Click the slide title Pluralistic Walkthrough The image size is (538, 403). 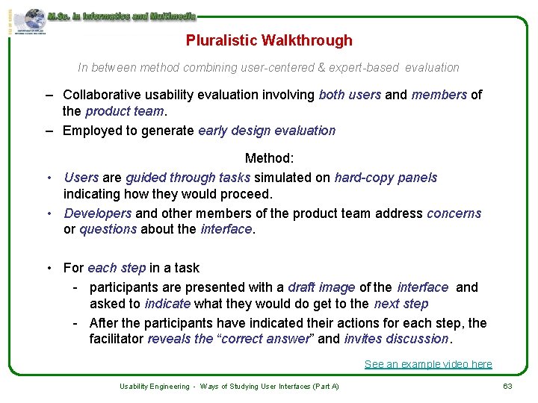pos(269,40)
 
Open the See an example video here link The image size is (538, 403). pos(428,364)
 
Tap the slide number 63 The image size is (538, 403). pos(507,386)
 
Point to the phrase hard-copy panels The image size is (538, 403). pos(386,178)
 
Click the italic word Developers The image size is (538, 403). pos(98,213)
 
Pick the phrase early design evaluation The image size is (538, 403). pos(267,131)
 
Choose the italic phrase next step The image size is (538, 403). pos(401,304)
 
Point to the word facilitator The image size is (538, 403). pos(117,339)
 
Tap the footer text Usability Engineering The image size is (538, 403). pos(155,387)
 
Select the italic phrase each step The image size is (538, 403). pos(117,268)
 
